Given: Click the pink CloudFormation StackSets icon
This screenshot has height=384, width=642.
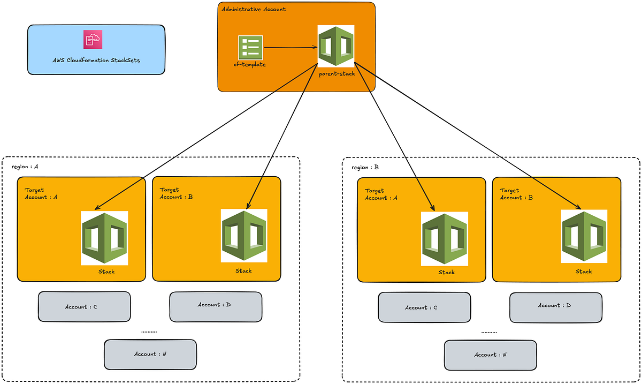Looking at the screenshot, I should click(93, 39).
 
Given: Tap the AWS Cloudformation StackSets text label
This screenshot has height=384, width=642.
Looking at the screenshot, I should click(96, 60).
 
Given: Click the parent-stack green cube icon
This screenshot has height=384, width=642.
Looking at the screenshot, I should click(335, 46).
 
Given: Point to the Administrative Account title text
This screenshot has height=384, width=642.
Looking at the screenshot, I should click(254, 9).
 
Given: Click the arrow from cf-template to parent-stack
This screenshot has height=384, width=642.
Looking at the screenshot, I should click(291, 48).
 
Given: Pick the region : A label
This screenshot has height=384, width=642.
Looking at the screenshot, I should click(25, 167).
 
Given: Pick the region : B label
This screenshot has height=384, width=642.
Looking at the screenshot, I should click(365, 167).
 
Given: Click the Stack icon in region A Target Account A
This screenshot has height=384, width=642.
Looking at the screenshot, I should click(104, 238).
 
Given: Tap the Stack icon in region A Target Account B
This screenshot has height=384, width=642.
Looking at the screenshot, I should click(244, 236).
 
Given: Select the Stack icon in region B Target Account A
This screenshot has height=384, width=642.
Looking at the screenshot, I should click(445, 238).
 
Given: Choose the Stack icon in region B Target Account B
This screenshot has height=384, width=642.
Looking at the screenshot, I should click(584, 236).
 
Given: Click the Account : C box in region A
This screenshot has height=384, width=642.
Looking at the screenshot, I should click(84, 307).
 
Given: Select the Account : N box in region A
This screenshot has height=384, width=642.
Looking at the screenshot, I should click(150, 354).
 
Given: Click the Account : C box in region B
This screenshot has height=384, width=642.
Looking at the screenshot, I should click(424, 307).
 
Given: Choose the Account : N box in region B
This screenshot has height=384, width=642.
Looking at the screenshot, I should click(490, 355).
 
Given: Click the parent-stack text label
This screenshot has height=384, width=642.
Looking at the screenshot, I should click(337, 73).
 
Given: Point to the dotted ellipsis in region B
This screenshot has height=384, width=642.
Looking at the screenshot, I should click(489, 333).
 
